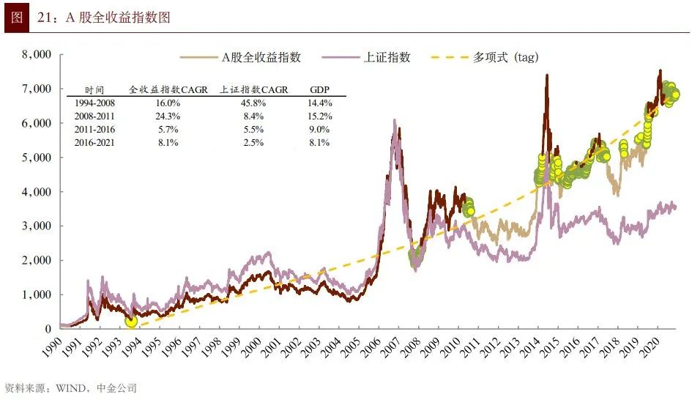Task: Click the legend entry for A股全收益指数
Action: click(261, 57)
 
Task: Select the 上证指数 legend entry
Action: click(387, 57)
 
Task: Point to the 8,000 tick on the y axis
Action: click(36, 54)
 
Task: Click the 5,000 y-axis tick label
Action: click(36, 158)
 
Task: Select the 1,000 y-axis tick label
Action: click(36, 295)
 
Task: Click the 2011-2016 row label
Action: click(94, 130)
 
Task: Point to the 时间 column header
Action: click(94, 89)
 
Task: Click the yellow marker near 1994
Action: click(131, 321)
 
